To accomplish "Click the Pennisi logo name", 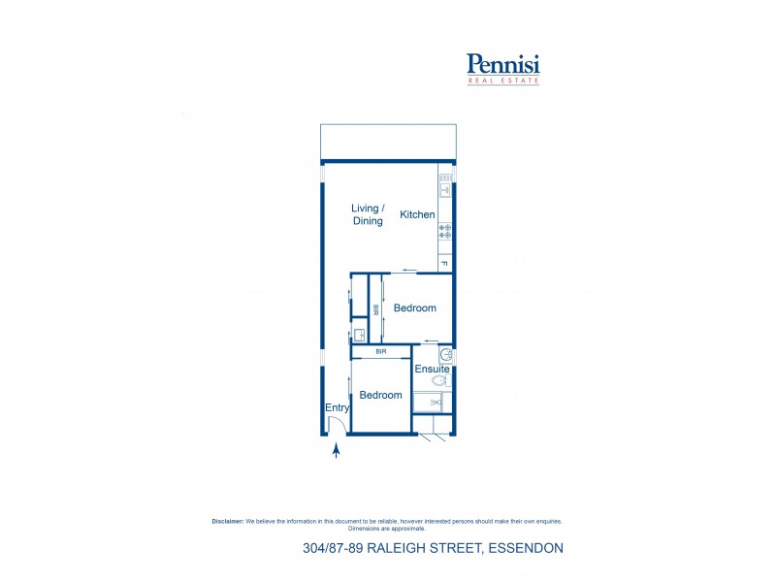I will tap(503, 65).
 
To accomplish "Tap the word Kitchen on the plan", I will tap(418, 214).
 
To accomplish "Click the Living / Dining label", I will tap(368, 214).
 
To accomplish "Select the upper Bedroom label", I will tap(414, 308).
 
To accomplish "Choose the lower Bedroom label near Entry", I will tap(380, 395).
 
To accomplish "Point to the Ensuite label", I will tap(432, 370).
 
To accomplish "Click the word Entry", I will tap(337, 408).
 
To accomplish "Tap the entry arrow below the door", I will tap(336, 449).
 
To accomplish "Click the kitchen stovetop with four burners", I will tap(445, 231).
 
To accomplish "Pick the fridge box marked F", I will tap(445, 262).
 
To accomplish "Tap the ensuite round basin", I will tap(446, 355).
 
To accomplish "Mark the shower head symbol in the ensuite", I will tap(435, 402).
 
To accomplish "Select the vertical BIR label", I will tap(376, 309).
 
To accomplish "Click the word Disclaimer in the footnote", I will tap(228, 521).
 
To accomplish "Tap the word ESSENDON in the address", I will tap(524, 549).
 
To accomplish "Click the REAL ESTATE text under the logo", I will tap(503, 81).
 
